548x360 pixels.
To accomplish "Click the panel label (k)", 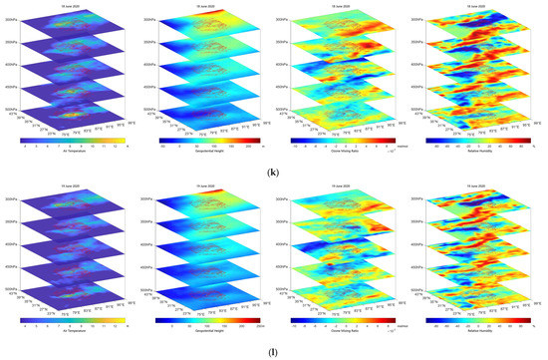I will (274, 171).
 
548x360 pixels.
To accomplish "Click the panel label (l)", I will (274, 350).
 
